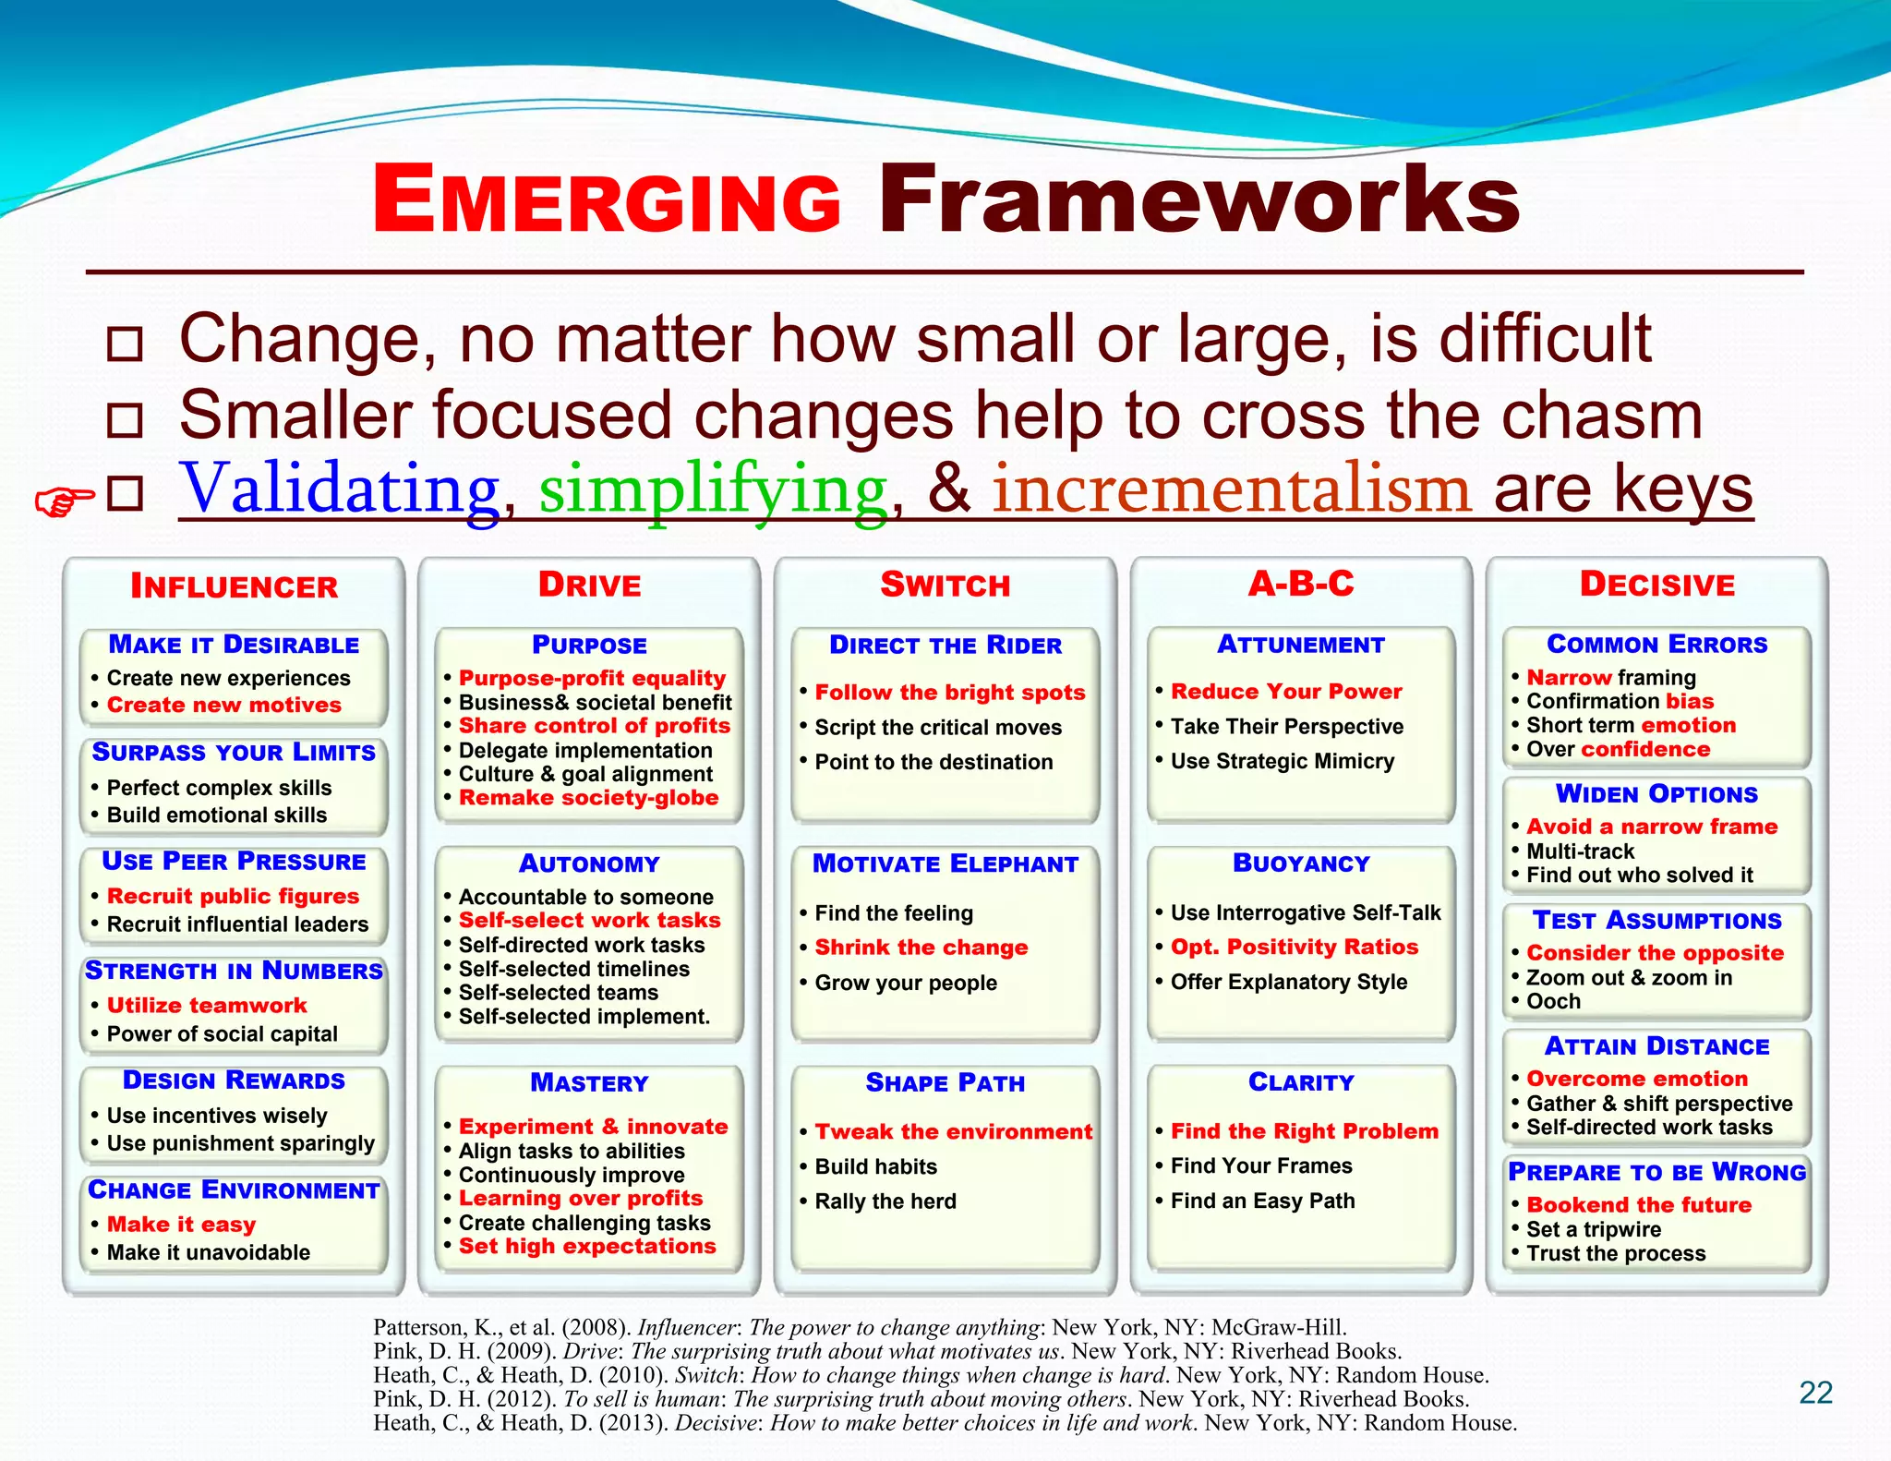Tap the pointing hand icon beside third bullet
(x=64, y=501)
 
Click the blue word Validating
(x=340, y=489)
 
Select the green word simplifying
(x=713, y=490)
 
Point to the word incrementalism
(x=1231, y=489)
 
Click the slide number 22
(x=1815, y=1393)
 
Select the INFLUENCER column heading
(x=234, y=586)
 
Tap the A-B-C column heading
(x=1300, y=584)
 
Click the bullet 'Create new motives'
(x=223, y=705)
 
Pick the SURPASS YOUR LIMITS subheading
(x=234, y=752)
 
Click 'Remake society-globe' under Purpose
(x=588, y=798)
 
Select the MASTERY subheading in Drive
(x=589, y=1082)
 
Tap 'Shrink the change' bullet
(x=921, y=948)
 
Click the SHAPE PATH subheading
(x=945, y=1082)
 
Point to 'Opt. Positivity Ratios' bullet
(x=1294, y=947)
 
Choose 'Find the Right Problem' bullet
(x=1304, y=1131)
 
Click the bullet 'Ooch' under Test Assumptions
(x=1553, y=1002)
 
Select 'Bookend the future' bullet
(x=1638, y=1205)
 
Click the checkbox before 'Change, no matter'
(x=125, y=344)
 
